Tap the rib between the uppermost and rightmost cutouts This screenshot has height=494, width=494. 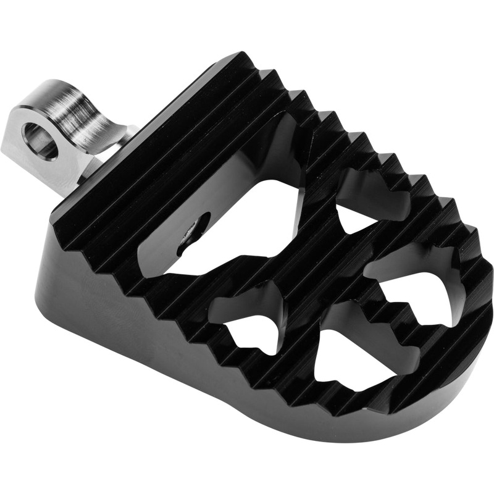pyautogui.click(x=389, y=241)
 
